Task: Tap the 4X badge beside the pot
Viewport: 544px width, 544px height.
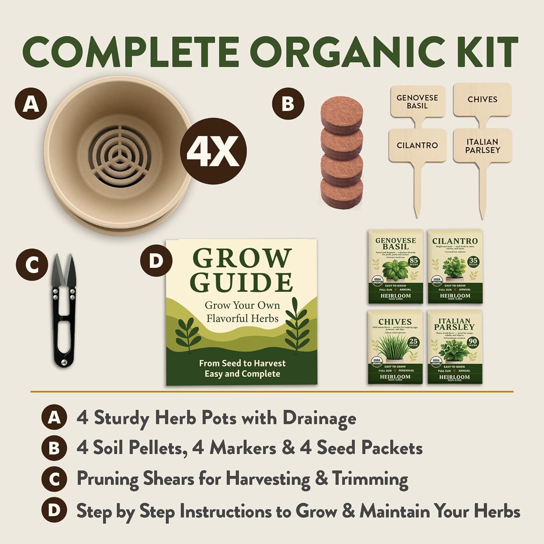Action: click(x=214, y=150)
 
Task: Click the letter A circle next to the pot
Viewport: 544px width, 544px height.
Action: click(x=31, y=104)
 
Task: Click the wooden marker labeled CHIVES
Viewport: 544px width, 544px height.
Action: click(x=482, y=99)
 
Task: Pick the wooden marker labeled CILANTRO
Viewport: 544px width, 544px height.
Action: click(x=417, y=145)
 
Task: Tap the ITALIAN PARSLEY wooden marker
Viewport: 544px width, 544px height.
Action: click(x=482, y=146)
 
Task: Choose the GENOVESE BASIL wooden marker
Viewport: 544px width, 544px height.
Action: click(x=417, y=102)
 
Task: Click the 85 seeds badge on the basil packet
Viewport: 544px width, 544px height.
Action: click(x=414, y=261)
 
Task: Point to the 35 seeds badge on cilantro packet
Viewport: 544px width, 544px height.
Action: click(x=473, y=261)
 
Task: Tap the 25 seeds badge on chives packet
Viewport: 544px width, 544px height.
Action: click(x=413, y=342)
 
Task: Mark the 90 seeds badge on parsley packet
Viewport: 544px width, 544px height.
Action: click(x=473, y=342)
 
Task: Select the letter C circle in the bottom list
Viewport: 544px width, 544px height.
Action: click(x=54, y=479)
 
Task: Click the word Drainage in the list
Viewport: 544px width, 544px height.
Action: click(x=319, y=418)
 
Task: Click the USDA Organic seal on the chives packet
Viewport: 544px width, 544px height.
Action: click(x=377, y=362)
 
